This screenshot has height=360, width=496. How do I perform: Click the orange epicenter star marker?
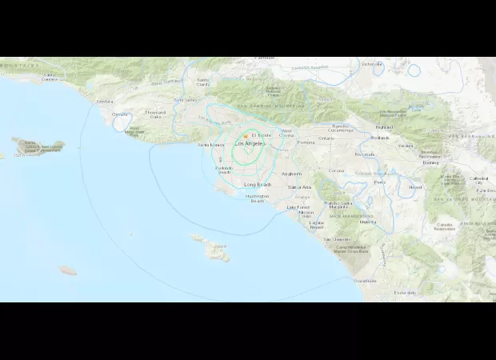[x=246, y=136]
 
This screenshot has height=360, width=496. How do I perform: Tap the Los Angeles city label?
[x=246, y=144]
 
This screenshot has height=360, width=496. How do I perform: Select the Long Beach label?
[x=258, y=185]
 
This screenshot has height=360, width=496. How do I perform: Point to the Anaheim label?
[x=291, y=173]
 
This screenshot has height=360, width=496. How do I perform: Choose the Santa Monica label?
[x=211, y=145]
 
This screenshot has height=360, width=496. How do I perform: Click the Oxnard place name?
[x=120, y=114]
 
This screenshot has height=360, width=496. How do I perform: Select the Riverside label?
[x=364, y=154]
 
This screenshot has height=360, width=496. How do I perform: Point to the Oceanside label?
[x=366, y=281]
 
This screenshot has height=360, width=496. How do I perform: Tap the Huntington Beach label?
[x=258, y=198]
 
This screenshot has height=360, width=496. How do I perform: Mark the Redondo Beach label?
[x=225, y=170]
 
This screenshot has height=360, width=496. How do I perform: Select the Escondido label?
[x=405, y=293]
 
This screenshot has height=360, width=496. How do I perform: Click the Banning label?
[x=430, y=162]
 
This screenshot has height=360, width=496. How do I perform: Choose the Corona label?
[x=336, y=170]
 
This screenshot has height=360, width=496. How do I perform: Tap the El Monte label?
[x=262, y=135]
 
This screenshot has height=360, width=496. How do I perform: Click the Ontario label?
[x=326, y=138]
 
